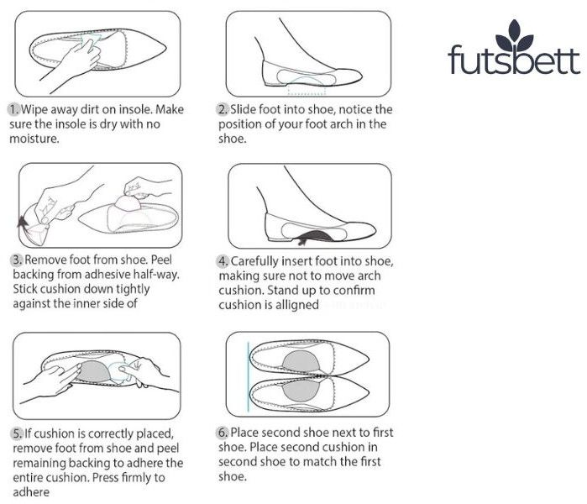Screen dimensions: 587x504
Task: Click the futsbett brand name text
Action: coord(514,59)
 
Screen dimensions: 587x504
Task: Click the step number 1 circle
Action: coord(13,110)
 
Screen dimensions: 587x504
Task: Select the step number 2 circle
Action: coord(223,109)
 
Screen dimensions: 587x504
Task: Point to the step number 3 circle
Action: coord(17,260)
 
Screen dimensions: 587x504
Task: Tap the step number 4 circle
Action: coord(223,261)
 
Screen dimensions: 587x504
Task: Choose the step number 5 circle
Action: coord(17,433)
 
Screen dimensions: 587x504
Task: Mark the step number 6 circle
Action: coord(223,433)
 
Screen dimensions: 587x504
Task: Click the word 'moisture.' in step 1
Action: coord(34,139)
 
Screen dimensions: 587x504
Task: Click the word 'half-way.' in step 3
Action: coord(155,275)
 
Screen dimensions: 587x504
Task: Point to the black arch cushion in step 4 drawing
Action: coord(315,236)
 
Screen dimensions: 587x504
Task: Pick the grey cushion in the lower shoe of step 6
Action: coord(301,390)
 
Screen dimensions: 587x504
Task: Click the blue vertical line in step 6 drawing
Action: coord(248,376)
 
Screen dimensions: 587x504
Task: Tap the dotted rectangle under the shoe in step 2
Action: coord(307,90)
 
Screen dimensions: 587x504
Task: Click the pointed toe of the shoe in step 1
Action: coord(165,49)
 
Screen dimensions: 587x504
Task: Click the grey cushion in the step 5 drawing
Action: coord(92,371)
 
